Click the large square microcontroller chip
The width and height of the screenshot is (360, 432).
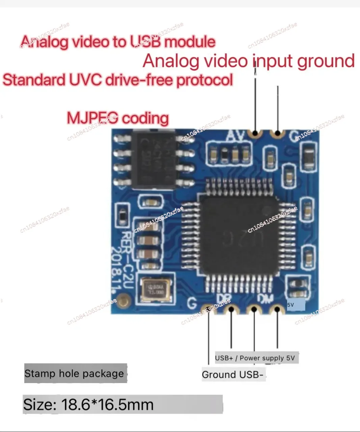pos(239,233)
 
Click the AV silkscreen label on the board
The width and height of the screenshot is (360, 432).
pos(235,136)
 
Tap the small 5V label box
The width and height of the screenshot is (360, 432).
pos(296,305)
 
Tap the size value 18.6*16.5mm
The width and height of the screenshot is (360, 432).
pos(107,404)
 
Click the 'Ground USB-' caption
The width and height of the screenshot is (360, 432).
pos(232,375)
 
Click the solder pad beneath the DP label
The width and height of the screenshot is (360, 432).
pos(231,309)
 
